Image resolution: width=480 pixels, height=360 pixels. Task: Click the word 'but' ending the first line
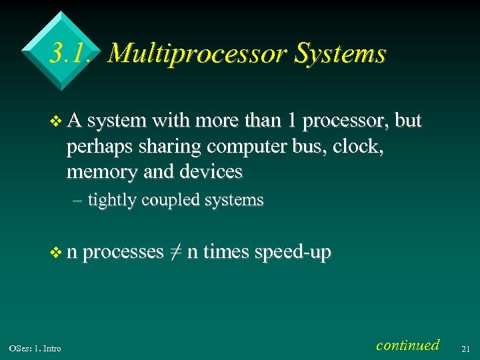pyautogui.click(x=408, y=121)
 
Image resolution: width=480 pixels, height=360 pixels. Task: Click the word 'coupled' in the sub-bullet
pyautogui.click(x=172, y=200)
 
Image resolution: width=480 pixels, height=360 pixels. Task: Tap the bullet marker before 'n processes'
pyautogui.click(x=55, y=253)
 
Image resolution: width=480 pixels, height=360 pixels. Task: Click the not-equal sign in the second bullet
pyautogui.click(x=176, y=252)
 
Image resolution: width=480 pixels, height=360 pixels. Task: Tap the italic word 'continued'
pyautogui.click(x=407, y=345)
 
